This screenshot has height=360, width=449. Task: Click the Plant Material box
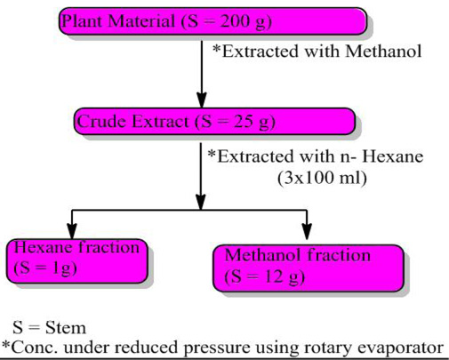tap(212, 21)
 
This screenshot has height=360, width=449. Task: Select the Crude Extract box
tap(214, 122)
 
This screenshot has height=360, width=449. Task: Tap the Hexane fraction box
tap(77, 260)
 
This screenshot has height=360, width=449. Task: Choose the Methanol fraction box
tap(309, 268)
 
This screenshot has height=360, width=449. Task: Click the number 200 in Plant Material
tap(234, 21)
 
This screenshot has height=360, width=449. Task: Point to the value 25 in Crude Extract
tap(244, 122)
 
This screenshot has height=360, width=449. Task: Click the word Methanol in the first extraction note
tap(383, 52)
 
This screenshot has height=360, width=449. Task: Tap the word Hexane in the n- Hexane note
tap(393, 156)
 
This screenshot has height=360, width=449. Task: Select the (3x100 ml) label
tap(322, 179)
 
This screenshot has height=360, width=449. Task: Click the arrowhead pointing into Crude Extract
tap(202, 100)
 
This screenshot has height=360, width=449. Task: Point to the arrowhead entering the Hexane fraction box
tap(72, 231)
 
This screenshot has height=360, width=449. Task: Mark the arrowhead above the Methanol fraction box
tap(307, 231)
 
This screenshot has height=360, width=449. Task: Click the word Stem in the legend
tap(66, 328)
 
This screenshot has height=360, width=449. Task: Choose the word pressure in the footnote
tap(217, 348)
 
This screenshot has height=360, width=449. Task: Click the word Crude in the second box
tap(102, 122)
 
